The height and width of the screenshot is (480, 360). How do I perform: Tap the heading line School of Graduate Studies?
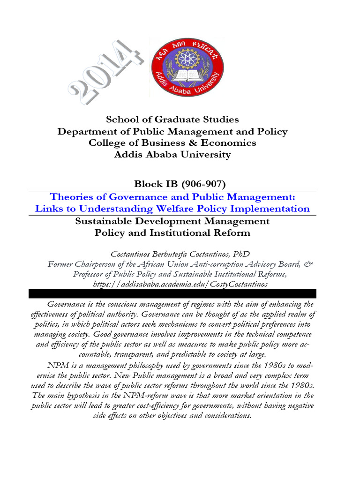click(172, 120)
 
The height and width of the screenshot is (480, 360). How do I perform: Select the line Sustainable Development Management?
click(172, 221)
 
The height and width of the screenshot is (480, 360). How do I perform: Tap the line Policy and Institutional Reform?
click(172, 232)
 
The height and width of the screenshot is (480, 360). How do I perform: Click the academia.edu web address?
click(172, 285)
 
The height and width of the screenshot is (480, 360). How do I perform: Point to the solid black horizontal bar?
click(172, 293)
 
